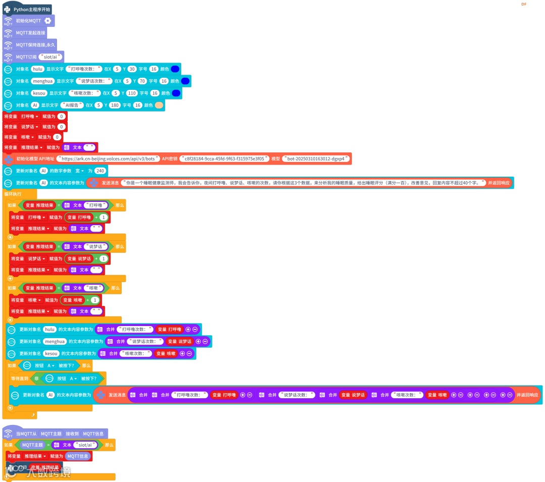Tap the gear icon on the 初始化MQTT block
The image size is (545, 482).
point(48,21)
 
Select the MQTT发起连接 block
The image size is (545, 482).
point(30,33)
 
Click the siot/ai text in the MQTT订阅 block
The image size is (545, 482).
point(51,57)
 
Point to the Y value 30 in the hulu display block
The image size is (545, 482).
point(132,69)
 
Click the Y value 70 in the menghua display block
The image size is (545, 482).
point(142,81)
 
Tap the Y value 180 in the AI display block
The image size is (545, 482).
point(116,105)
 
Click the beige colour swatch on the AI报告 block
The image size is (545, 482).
point(159,105)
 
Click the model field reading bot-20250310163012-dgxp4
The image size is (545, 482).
point(316,159)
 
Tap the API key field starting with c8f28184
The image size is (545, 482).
point(224,159)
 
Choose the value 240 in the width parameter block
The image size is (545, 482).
point(99,171)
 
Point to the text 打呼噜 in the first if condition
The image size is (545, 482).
point(96,205)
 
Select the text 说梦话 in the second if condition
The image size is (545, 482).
point(96,246)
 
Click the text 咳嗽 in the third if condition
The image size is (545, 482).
point(93,288)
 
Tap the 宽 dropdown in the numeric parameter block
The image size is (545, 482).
point(79,171)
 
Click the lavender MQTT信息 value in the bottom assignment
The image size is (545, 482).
point(78,456)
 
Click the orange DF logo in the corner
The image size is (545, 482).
point(524,4)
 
